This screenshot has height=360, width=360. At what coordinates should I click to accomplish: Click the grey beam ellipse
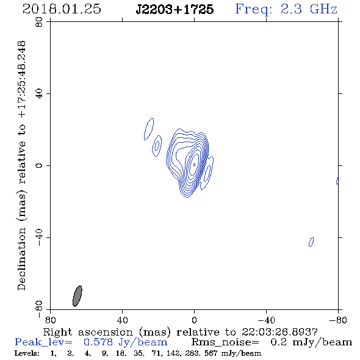(x=77, y=296)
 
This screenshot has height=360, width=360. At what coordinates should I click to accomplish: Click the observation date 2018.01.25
(x=62, y=9)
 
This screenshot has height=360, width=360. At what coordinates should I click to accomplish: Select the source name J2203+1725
(x=175, y=9)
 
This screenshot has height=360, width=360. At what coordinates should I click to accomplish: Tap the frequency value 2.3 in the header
(x=291, y=9)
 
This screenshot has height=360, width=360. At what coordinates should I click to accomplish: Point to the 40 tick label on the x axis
(x=122, y=320)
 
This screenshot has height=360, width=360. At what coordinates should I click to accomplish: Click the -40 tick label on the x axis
(x=266, y=320)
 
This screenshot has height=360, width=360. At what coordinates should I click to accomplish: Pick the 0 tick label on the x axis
(x=194, y=320)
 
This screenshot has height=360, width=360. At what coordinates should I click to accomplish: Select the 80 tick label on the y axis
(x=39, y=22)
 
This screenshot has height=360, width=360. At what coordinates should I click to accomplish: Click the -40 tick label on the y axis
(x=39, y=237)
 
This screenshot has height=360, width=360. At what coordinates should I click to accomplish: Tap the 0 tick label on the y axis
(x=39, y=165)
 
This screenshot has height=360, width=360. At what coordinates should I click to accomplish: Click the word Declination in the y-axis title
(x=21, y=259)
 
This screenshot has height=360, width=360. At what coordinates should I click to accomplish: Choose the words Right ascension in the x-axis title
(x=88, y=332)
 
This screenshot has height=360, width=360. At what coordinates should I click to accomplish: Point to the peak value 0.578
(x=98, y=342)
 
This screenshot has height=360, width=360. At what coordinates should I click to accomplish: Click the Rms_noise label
(x=225, y=342)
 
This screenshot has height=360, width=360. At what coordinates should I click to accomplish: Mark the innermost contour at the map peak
(x=194, y=164)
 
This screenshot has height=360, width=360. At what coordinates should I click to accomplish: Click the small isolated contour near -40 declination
(x=311, y=242)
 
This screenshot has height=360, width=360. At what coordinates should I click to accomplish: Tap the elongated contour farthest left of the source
(x=149, y=129)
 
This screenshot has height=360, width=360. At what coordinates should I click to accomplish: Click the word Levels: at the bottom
(x=27, y=353)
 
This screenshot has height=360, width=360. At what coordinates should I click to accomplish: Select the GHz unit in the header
(x=323, y=9)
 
